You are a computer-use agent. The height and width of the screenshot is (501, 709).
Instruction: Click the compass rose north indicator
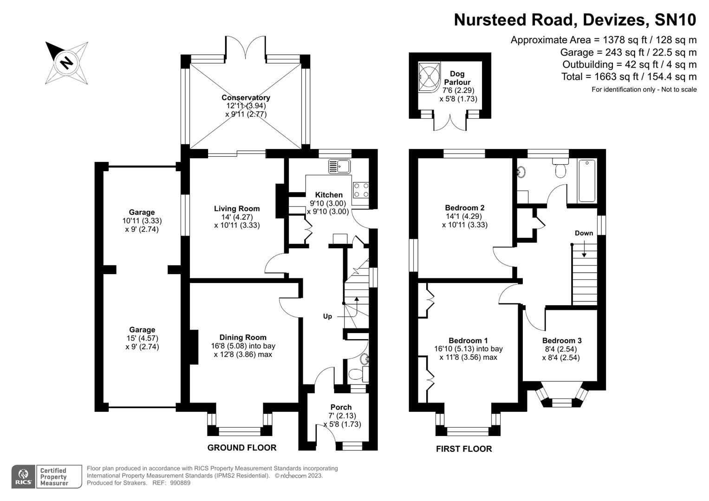pyautogui.click(x=66, y=63)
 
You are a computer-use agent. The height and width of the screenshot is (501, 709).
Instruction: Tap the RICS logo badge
pyautogui.click(x=23, y=476)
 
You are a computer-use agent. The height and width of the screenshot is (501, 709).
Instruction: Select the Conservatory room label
pyautogui.click(x=246, y=97)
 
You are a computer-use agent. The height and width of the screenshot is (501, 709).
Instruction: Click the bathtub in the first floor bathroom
pyautogui.click(x=587, y=181)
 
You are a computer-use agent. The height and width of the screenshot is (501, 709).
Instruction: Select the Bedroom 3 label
pyautogui.click(x=561, y=340)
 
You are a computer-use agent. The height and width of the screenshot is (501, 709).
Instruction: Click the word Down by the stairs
pyautogui.click(x=584, y=233)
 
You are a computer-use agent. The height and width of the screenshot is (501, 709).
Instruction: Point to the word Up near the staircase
pyautogui.click(x=327, y=316)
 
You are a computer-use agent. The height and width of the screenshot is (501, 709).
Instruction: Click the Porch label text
pyautogui.click(x=341, y=407)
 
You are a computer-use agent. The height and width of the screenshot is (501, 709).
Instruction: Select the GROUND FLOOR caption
pyautogui.click(x=241, y=448)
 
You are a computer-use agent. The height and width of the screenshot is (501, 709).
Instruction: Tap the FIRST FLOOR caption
pyautogui.click(x=463, y=449)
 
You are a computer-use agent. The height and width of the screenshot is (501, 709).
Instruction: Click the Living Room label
pyautogui.click(x=236, y=208)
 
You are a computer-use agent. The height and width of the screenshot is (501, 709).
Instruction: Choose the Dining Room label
pyautogui.click(x=243, y=337)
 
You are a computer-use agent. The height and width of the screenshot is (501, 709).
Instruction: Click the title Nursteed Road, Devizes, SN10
pyautogui.click(x=575, y=20)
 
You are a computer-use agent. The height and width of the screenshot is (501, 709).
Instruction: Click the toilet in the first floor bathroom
pyautogui.click(x=561, y=170)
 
